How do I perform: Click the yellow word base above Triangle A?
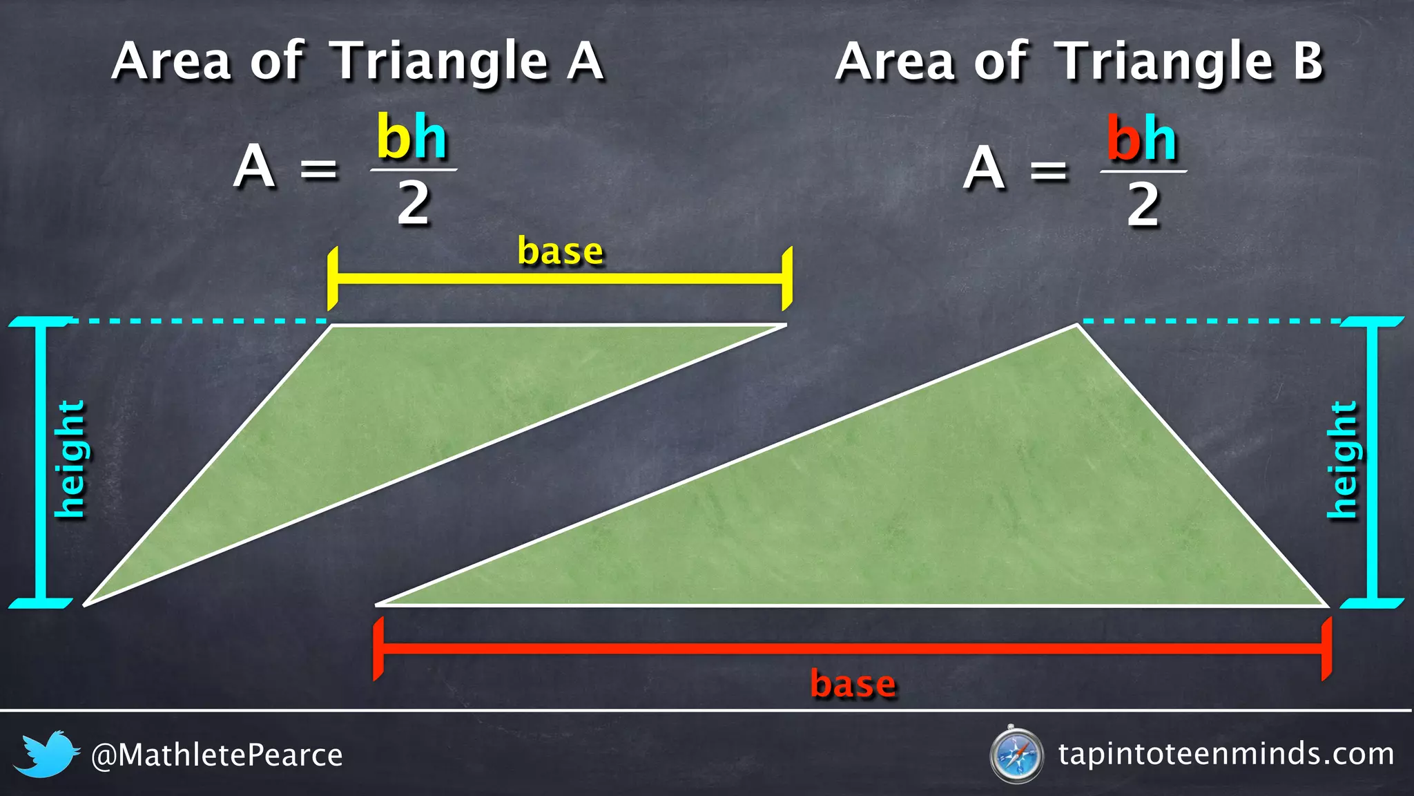pyautogui.click(x=560, y=251)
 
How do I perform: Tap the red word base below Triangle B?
pyautogui.click(x=853, y=683)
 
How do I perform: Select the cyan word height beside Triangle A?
pyautogui.click(x=70, y=459)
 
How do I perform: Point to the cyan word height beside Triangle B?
pyautogui.click(x=1343, y=459)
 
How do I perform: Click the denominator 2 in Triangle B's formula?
pyautogui.click(x=1143, y=205)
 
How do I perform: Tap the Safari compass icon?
pyautogui.click(x=1016, y=755)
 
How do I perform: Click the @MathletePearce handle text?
pyautogui.click(x=217, y=755)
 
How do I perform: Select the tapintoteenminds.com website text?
pyautogui.click(x=1226, y=754)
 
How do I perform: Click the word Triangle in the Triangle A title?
pyautogui.click(x=441, y=62)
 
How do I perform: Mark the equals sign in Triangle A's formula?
pyautogui.click(x=319, y=169)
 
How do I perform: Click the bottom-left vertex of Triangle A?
pyautogui.click(x=85, y=605)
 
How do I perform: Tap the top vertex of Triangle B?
pyautogui.click(x=1077, y=325)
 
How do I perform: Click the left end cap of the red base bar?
pyautogui.click(x=378, y=649)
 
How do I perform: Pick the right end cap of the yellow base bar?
pyautogui.click(x=786, y=278)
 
